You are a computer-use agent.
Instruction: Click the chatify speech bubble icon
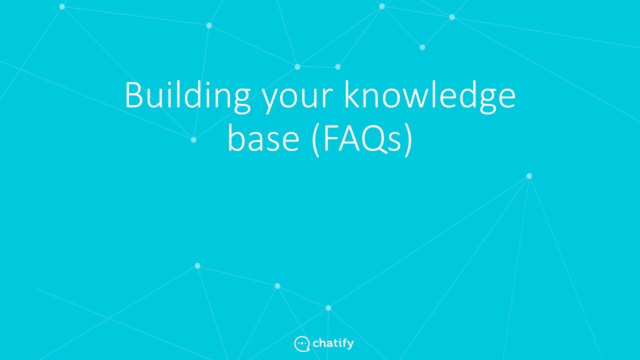point(301,343)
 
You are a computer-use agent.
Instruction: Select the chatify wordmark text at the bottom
point(333,343)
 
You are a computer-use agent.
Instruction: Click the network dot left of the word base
point(193,140)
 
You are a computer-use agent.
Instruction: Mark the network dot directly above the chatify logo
point(328,308)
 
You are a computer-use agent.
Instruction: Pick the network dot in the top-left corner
point(62,6)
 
